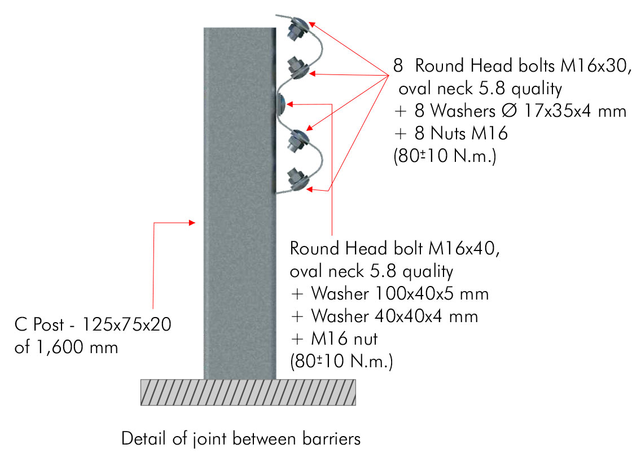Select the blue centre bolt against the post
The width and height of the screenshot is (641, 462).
(282, 103)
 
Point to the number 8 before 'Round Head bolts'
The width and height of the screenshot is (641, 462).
(398, 65)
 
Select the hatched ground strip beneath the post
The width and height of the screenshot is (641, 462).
(248, 391)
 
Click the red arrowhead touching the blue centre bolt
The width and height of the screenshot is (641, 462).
(291, 104)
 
